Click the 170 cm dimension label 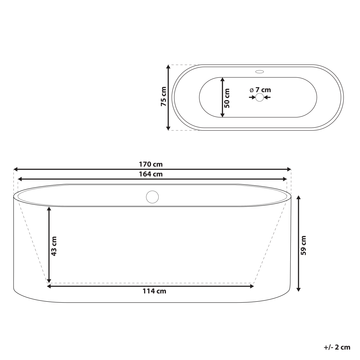[151, 164]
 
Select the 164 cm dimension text [151, 174]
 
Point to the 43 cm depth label [54, 246]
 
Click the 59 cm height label [303, 245]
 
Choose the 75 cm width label [163, 96]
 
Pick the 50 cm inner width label [227, 98]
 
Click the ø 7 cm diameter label [260, 90]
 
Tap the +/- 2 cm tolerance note [337, 347]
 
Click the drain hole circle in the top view [259, 97]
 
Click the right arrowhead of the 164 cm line [285, 179]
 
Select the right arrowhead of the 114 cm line [252, 286]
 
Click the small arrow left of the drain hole [252, 97]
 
